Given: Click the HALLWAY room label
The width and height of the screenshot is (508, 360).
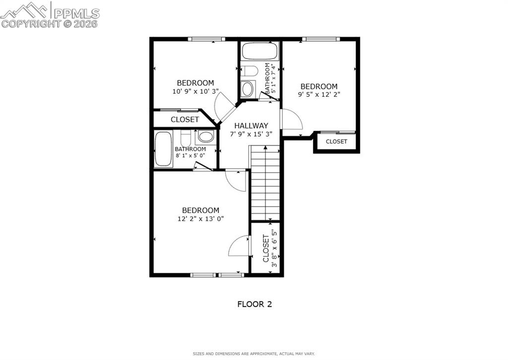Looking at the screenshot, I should pos(251,126).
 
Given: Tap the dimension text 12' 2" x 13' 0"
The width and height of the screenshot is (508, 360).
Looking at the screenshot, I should pos(201,218).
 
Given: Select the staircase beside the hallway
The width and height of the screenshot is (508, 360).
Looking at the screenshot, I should pos(265,183).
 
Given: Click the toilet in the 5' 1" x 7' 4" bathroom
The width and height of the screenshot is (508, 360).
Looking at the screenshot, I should pos(249,72).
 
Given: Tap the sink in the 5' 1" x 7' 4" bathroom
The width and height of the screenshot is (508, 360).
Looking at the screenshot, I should pos(247,89).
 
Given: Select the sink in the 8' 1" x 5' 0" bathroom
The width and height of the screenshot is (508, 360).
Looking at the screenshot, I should pos(205,137).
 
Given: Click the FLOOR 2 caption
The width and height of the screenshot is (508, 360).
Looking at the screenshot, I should pos(254,304).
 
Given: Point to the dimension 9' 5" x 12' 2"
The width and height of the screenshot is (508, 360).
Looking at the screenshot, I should pos(319,94).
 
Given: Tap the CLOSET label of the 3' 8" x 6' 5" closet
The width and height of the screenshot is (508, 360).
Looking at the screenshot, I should pos(266,248).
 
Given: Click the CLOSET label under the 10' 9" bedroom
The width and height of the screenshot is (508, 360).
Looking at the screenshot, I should pos(185,120).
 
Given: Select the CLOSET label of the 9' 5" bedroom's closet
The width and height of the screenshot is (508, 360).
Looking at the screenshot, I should pos(336,142).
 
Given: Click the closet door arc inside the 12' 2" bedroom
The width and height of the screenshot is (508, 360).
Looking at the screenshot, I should pos(239,246).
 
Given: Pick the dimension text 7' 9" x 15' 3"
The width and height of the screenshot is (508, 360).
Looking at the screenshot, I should pos(251,134).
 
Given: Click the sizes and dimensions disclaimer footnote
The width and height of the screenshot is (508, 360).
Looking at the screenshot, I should pos(254,354).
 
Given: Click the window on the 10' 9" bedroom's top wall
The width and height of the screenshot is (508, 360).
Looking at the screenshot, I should pos(206,39).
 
